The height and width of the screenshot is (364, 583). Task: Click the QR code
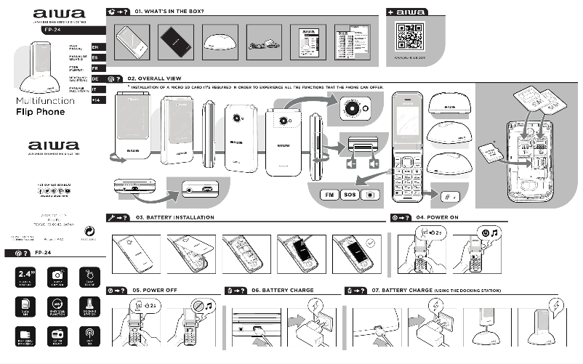tap(410, 36)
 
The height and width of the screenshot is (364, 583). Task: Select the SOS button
tap(350, 195)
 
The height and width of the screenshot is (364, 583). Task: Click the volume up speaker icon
tap(374, 163)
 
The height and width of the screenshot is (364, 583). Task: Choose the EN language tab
tap(95, 46)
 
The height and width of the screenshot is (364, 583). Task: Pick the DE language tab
tap(95, 78)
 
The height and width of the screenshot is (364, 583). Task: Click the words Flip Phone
tap(40, 112)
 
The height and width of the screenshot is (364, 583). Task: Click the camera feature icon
tap(57, 276)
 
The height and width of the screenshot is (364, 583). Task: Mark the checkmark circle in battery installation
tap(371, 245)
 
